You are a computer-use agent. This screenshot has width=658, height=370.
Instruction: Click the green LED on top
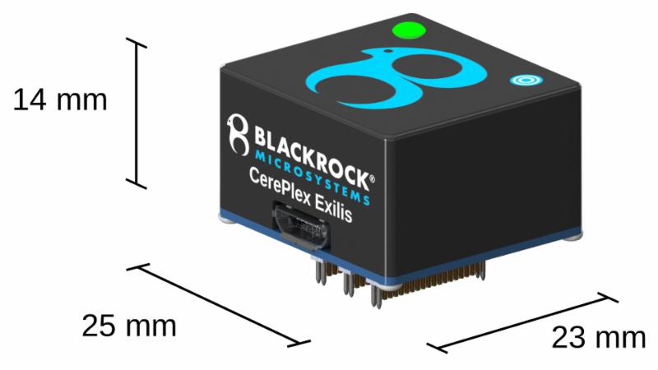(x=409, y=32)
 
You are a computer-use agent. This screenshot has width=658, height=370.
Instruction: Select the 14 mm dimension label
(x=60, y=100)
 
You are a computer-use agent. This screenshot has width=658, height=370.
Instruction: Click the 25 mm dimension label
(x=129, y=326)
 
